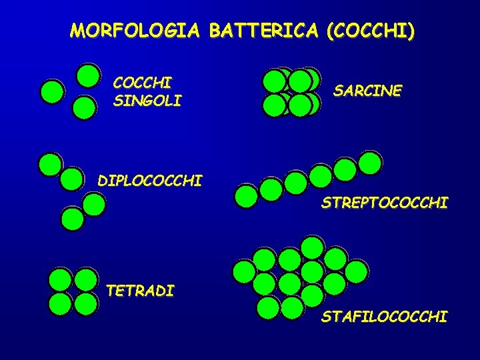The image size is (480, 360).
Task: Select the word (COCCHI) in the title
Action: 370,31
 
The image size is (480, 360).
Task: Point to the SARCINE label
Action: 367,90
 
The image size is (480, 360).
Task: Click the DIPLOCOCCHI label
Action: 149,181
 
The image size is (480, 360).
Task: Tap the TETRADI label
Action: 140,291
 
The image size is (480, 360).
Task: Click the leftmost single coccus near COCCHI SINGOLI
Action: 52,92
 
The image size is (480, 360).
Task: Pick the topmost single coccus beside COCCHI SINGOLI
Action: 88,75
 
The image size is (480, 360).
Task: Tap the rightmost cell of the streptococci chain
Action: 369,162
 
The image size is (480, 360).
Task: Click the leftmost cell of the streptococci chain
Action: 247,196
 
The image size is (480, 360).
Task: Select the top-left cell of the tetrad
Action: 60,279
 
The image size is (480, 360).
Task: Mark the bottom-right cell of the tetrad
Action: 85,303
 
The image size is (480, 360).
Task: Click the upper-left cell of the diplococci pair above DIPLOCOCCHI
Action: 50,164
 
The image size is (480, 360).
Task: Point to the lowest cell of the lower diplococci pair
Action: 71,219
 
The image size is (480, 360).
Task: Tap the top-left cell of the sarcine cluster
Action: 274,81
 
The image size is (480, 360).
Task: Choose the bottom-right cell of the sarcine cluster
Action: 301,105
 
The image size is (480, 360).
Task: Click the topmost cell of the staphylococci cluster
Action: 312,247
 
